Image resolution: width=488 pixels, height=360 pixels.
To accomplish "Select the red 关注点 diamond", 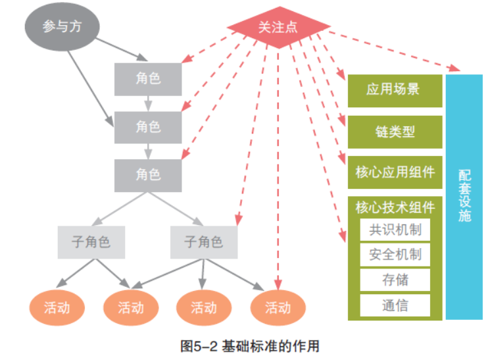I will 278,28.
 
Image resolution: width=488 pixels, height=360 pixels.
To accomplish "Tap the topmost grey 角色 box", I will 148,78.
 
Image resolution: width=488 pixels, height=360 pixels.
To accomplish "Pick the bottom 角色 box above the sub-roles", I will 148,175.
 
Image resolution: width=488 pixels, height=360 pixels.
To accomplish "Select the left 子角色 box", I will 91,242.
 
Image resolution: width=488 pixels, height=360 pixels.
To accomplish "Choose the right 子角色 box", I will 204,242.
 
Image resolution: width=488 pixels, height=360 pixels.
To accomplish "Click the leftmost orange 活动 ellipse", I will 57,307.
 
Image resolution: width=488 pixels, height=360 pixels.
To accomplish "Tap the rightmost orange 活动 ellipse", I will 278,307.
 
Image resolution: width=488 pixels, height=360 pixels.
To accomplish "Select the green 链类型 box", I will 394,131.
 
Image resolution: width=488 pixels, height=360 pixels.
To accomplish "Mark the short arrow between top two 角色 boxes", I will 149,103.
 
